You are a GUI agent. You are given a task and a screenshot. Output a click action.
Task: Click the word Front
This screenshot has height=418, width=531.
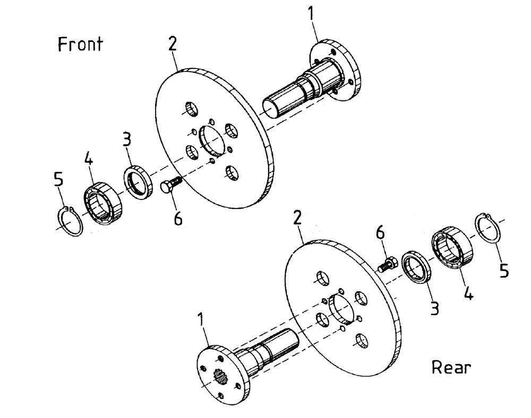click(x=80, y=45)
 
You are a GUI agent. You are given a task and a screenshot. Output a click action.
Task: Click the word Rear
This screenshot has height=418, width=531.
click(x=451, y=367)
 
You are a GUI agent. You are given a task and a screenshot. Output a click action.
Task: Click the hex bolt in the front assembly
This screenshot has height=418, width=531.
click(x=170, y=186)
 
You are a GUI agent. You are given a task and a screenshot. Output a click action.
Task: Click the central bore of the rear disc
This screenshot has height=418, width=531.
click(x=340, y=308)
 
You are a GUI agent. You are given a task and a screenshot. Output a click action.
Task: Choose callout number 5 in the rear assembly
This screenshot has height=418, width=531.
click(x=504, y=271)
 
